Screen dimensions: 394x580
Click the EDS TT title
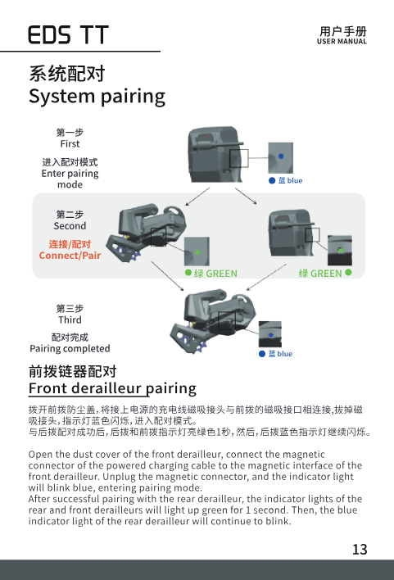tap(69, 34)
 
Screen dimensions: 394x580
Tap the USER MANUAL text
tap(342, 42)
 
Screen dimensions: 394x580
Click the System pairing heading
tap(97, 97)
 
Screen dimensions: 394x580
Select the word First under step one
tap(70, 143)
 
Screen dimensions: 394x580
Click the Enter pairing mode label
tap(70, 179)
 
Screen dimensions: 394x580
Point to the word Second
tap(70, 225)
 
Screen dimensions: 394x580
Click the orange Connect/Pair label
tap(70, 256)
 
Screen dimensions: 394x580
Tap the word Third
tap(70, 319)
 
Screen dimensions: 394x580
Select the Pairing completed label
tap(70, 348)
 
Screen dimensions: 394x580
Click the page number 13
tap(360, 550)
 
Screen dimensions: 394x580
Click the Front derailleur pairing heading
tap(112, 388)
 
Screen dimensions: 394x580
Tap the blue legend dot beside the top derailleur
tap(272, 180)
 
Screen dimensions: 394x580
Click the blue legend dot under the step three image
tap(262, 354)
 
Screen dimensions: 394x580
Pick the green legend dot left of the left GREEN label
tap(188, 273)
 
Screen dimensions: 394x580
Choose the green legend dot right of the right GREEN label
tap(348, 273)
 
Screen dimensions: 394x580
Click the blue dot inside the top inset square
tap(281, 156)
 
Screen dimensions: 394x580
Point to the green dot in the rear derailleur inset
tap(197, 252)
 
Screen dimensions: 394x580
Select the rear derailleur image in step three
tap(213, 321)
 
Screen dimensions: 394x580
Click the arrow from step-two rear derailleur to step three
tap(167, 276)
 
